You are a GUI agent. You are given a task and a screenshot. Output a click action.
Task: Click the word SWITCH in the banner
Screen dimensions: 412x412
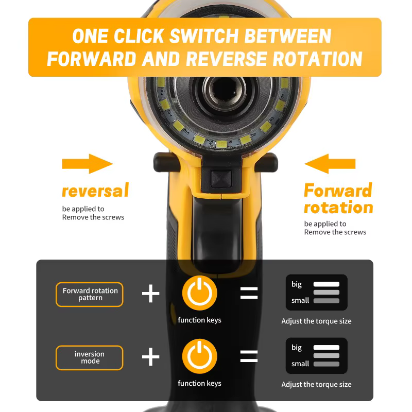[x=203, y=36]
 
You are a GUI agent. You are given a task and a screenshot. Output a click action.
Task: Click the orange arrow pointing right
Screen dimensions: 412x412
[x=88, y=164]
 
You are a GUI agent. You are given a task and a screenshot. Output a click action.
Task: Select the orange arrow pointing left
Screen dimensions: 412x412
[x=330, y=164]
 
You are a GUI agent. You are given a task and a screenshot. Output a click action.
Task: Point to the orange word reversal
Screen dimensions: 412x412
[x=95, y=190]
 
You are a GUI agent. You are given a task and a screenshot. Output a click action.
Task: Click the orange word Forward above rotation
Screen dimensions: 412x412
[x=338, y=190]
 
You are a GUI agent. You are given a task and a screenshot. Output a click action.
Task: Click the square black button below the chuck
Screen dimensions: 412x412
[x=221, y=179]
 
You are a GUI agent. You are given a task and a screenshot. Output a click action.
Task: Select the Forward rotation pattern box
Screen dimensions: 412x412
[x=90, y=294]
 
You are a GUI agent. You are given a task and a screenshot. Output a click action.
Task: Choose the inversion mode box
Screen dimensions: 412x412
[x=90, y=357]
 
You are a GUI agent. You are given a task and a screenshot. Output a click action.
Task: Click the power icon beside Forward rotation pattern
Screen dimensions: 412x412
[x=200, y=293]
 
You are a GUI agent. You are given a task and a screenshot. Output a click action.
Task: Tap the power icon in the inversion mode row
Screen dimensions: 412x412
[x=200, y=356]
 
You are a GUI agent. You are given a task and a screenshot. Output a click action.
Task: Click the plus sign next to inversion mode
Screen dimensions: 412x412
[x=150, y=357]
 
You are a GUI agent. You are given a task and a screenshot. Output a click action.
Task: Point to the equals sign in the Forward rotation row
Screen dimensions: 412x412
[x=249, y=293]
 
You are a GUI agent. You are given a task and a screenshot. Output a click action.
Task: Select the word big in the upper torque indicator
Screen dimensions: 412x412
[x=297, y=284]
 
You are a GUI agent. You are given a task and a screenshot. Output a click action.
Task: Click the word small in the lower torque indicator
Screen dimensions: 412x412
[x=300, y=364]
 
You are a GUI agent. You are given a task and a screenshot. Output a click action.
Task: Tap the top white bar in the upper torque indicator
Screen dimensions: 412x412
[x=327, y=284]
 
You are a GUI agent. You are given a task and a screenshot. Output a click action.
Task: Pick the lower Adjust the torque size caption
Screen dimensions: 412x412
[x=316, y=384]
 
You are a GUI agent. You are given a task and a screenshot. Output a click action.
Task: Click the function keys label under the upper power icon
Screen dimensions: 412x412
[x=199, y=320]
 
